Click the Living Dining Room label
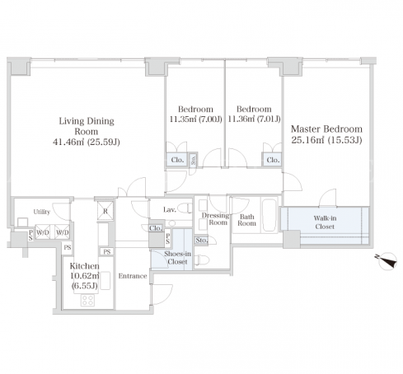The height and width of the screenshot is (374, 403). (87, 126)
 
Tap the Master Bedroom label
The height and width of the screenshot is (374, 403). (326, 129)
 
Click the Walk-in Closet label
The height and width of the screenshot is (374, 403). (325, 222)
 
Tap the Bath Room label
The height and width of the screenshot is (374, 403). (246, 220)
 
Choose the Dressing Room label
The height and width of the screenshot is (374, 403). (215, 218)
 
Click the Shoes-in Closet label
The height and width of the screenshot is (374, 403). (177, 258)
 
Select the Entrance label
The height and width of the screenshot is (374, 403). (133, 276)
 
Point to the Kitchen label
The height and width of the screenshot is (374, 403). (84, 266)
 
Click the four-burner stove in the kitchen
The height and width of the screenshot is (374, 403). (87, 300)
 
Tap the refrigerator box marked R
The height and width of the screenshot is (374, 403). (105, 211)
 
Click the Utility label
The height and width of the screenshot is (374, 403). (42, 212)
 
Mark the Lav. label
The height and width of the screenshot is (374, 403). (170, 210)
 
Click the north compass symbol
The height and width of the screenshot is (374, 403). (387, 261)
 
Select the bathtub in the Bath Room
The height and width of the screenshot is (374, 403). (269, 215)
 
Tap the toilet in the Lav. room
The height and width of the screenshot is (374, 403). (185, 208)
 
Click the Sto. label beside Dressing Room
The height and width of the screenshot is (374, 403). (201, 241)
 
